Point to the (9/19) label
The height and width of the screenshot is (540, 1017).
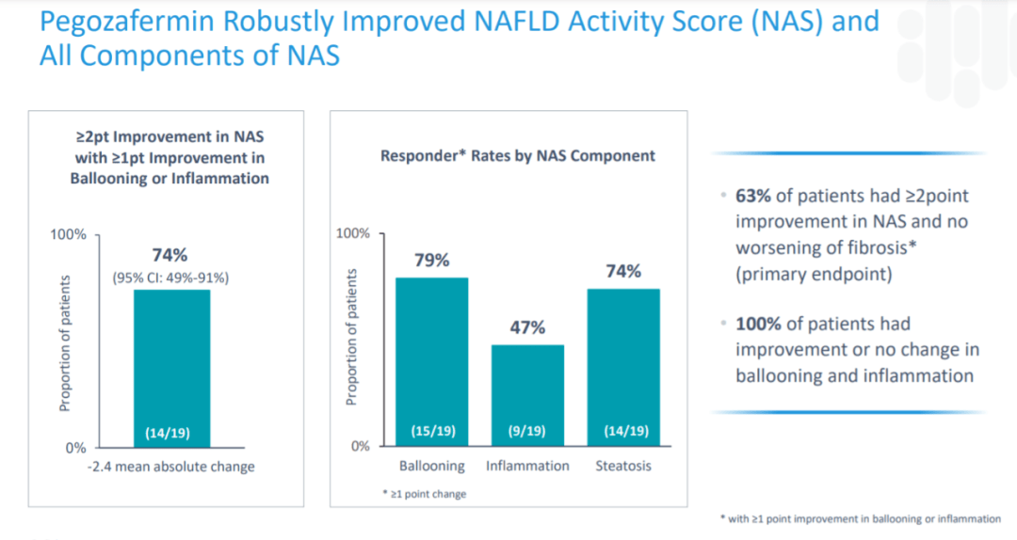pos(527,432)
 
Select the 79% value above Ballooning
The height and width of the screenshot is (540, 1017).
pos(431,260)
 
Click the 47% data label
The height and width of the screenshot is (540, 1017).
pos(527,327)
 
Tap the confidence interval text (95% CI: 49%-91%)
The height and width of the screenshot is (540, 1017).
pos(170,278)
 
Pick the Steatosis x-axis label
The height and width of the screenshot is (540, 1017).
pos(623,466)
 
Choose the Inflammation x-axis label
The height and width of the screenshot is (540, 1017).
pos(527,466)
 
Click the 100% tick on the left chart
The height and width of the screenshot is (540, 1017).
pos(68,233)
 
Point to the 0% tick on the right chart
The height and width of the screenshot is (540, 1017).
pos(360,446)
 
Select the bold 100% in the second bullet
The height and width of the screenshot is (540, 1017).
pos(757,324)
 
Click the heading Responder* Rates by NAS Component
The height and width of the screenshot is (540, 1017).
pos(517,155)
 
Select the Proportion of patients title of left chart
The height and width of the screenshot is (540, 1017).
pos(65,343)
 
